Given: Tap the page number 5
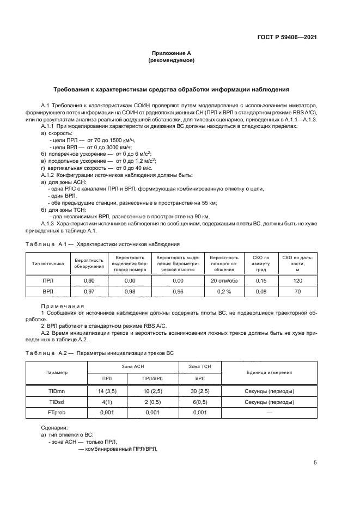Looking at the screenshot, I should pos(315,463).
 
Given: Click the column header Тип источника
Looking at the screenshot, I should pos(48,263).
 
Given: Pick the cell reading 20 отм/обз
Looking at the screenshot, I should pos(224,280).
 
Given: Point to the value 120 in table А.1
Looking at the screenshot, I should pos(297,280).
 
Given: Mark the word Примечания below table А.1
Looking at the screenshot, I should pos(62,306).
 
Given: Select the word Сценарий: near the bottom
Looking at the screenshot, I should pos(53,428).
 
